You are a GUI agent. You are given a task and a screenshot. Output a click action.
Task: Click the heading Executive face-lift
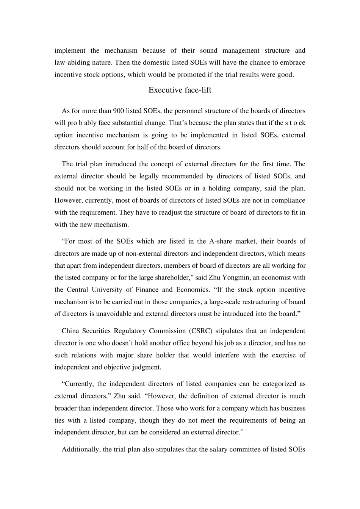click(x=180, y=90)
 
